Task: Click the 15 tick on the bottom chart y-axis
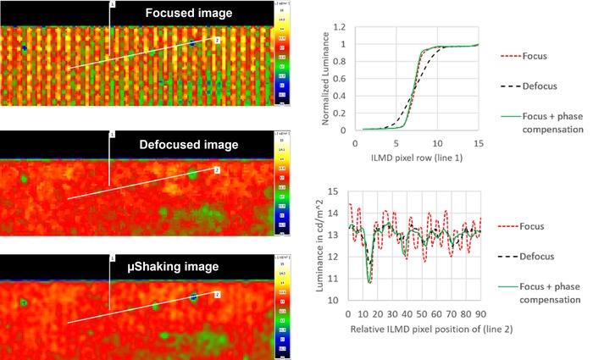pyautogui.click(x=337, y=191)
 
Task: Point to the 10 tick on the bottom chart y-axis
pyautogui.click(x=337, y=300)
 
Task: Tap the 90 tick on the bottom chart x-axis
pyautogui.click(x=481, y=313)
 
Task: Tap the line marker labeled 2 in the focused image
pyautogui.click(x=217, y=40)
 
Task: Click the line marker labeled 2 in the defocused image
pyautogui.click(x=217, y=170)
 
